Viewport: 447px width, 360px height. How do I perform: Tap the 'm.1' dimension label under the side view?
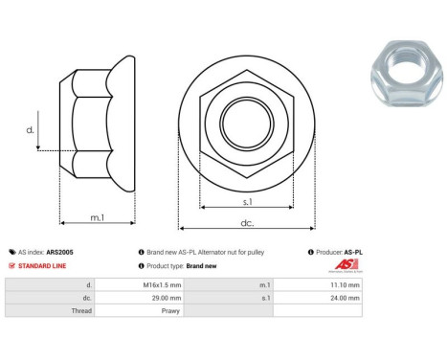click(x=98, y=217)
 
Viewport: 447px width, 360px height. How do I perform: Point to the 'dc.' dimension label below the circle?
click(x=247, y=222)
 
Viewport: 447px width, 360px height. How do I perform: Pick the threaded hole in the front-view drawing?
click(x=247, y=122)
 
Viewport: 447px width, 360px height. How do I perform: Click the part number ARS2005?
click(x=59, y=252)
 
